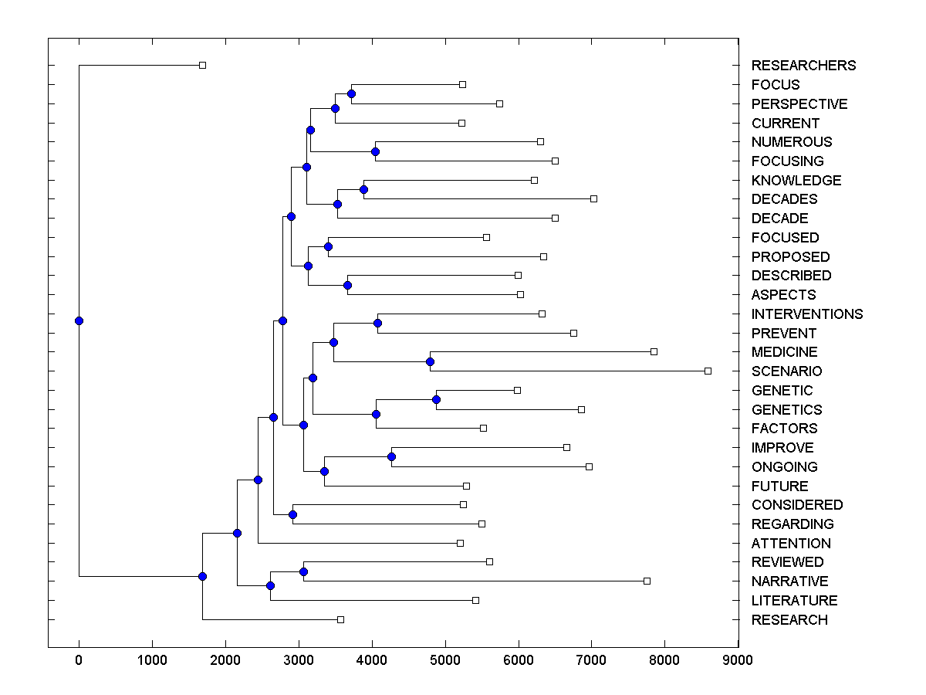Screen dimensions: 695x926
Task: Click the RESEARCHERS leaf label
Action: click(803, 66)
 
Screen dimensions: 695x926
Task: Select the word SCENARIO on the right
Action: click(786, 371)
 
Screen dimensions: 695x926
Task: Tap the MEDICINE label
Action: click(785, 352)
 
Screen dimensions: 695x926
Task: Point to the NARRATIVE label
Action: click(789, 581)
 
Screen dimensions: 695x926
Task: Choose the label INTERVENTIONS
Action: click(806, 314)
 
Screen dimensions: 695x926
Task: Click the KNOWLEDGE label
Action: click(796, 181)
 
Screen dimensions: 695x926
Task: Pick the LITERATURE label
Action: click(794, 601)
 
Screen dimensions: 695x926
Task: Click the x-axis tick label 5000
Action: click(445, 660)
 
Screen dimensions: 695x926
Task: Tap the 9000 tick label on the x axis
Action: click(738, 660)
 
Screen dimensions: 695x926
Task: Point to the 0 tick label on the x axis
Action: click(79, 660)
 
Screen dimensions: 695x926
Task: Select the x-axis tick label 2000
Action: click(225, 660)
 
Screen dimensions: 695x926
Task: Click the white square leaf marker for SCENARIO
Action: click(708, 371)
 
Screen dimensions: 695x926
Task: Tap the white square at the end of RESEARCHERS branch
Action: click(202, 66)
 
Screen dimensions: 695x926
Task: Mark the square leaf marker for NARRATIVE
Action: click(647, 581)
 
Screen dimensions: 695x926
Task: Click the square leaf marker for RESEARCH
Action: click(340, 619)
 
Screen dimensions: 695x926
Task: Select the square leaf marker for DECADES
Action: click(593, 199)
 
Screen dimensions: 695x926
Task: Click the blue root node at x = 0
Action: click(79, 321)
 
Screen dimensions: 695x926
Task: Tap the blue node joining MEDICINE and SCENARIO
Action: click(431, 361)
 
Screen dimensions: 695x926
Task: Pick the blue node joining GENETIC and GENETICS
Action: click(436, 399)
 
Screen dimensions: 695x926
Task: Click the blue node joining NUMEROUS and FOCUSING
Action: click(375, 151)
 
